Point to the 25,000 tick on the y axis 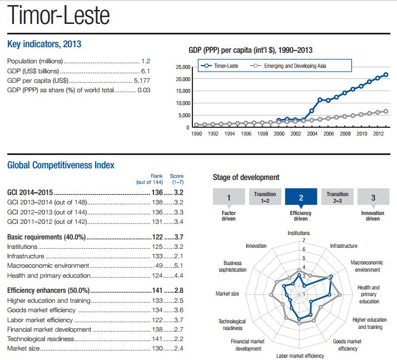click(x=182, y=67)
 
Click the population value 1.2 click(x=146, y=61)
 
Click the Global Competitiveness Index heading click(x=61, y=165)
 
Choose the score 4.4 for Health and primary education click(x=178, y=276)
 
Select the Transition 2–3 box click(x=338, y=197)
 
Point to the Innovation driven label click(x=373, y=216)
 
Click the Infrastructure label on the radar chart click(x=344, y=246)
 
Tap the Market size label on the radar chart click(x=227, y=293)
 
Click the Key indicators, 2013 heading click(x=44, y=44)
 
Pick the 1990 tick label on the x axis click(x=196, y=134)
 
